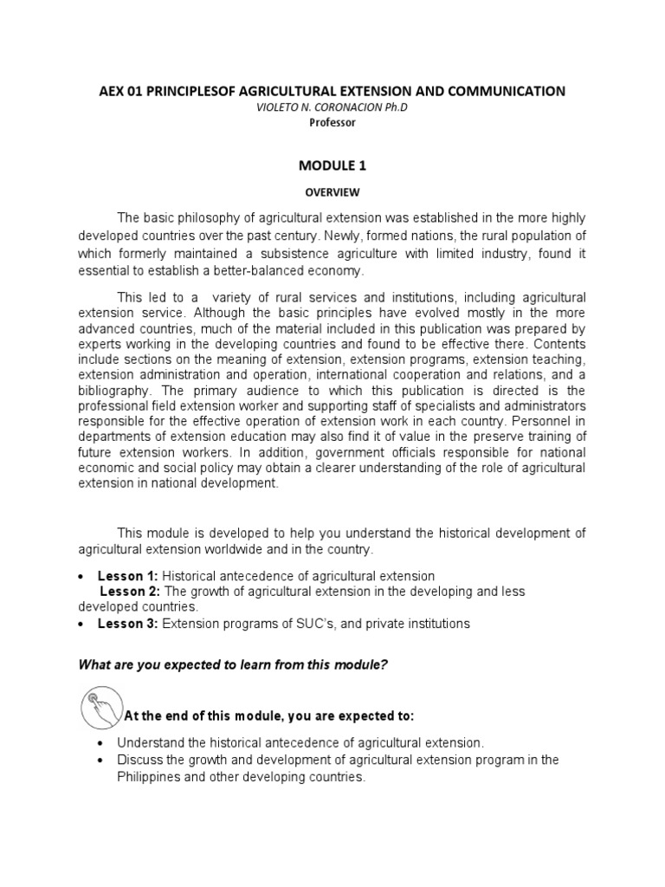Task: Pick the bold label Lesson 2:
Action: pos(131,592)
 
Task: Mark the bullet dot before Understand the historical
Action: pos(103,744)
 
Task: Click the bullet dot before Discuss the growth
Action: pos(103,761)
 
